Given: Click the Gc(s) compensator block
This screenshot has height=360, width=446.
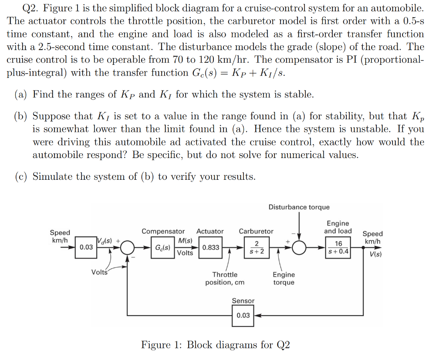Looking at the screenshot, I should (x=162, y=247).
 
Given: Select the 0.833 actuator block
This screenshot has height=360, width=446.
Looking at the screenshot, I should (x=211, y=247).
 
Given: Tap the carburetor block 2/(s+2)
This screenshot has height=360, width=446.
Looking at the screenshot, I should (x=257, y=247).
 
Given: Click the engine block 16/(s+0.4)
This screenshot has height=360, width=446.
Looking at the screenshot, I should (x=338, y=247).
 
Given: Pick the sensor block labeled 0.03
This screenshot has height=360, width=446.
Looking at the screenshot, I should (x=243, y=315).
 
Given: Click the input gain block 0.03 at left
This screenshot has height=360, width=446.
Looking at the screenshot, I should (x=86, y=247).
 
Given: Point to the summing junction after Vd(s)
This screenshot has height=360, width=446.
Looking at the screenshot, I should (x=127, y=248).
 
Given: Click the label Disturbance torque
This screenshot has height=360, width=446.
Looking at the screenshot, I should (x=299, y=207).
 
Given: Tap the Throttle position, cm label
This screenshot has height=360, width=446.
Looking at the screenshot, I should (x=225, y=279).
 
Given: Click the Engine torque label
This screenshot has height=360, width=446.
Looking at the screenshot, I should (x=284, y=279).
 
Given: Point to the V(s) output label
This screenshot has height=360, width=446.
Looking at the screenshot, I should (x=375, y=255).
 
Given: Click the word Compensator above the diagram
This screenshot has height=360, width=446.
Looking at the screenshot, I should (x=163, y=231).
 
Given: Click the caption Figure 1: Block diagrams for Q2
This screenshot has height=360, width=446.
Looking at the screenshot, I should (x=215, y=345).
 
